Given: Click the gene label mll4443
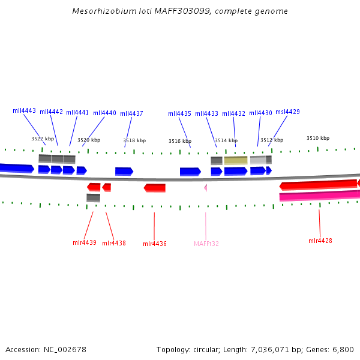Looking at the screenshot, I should click(24, 111).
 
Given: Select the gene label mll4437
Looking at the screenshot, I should click(131, 114).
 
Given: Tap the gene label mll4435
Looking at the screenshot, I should click(179, 114).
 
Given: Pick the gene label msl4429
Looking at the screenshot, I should click(287, 112).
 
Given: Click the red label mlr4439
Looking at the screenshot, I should click(84, 242).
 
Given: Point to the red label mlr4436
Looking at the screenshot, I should click(154, 244).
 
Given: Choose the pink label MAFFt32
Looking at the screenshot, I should click(206, 244).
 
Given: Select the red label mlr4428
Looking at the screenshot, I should click(320, 241).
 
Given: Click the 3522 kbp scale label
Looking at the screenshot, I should click(43, 139).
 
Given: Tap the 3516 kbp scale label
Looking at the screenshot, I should click(180, 141).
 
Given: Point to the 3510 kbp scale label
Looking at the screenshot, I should click(318, 138).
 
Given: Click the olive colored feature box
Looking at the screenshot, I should click(235, 160).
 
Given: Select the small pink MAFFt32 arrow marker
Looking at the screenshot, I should click(205, 188).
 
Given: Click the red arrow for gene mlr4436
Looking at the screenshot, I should click(155, 188).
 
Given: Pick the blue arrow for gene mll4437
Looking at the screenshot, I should click(124, 172).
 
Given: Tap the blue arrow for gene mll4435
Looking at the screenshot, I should click(190, 172).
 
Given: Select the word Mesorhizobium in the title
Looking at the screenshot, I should click(99, 11).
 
